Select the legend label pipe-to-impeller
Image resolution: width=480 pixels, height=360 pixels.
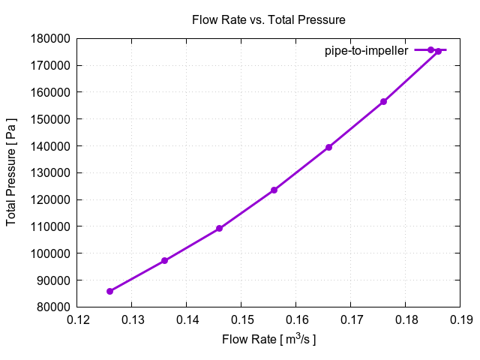point(366,50)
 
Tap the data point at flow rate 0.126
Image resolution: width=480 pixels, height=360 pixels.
point(109,291)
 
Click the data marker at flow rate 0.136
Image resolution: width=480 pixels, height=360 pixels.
point(164,261)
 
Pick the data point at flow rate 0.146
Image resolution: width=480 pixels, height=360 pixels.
point(219,229)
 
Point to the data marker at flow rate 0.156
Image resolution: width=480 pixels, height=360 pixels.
point(274,190)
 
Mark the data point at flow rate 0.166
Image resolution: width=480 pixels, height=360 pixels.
point(328,147)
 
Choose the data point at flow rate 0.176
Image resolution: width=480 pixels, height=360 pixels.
point(383,101)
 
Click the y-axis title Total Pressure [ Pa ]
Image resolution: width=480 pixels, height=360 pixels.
point(11,172)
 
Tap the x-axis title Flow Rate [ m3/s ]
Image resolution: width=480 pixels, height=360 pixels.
point(268,340)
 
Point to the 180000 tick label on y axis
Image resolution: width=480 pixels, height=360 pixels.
point(50,38)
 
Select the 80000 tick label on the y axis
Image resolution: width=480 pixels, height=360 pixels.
point(53,307)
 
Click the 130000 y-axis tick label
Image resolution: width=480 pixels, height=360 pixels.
point(50,173)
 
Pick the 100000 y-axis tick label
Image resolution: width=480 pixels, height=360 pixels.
point(50,253)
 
